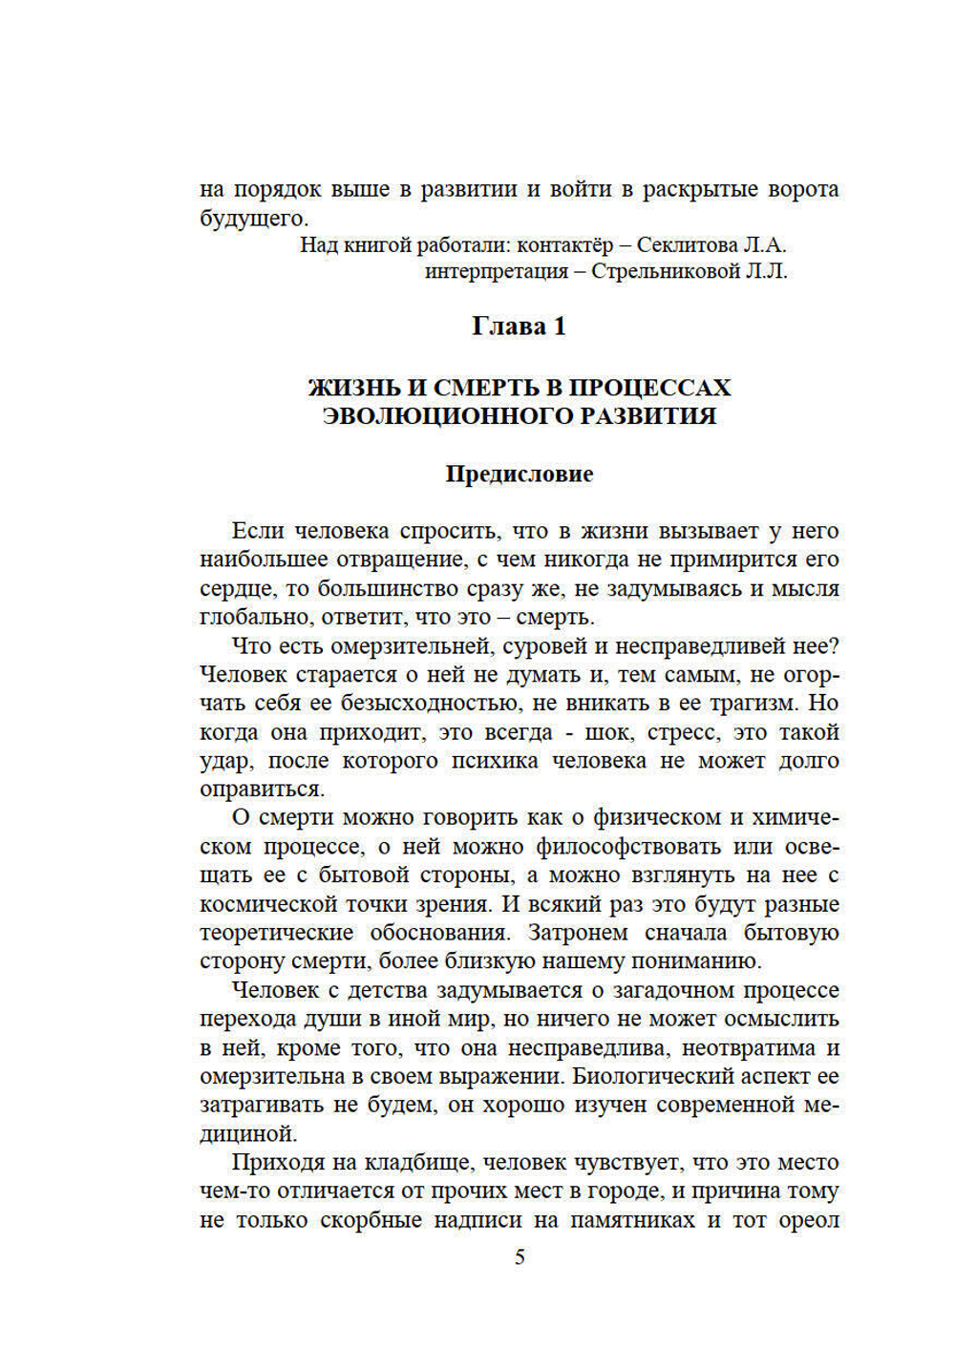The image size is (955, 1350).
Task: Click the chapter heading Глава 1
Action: tap(519, 327)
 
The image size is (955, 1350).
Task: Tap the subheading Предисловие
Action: tap(519, 475)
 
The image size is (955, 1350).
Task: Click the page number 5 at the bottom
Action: tap(520, 1257)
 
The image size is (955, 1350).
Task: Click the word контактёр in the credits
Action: tap(562, 245)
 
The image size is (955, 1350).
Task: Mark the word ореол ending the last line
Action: tap(809, 1221)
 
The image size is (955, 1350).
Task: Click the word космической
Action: tap(262, 905)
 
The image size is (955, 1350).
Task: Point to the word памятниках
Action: tap(632, 1221)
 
